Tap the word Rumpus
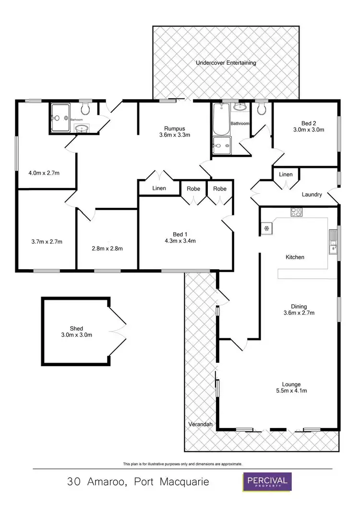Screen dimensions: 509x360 tap(174, 128)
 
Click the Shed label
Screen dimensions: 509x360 tap(76, 329)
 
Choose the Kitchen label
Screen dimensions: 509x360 tap(295, 257)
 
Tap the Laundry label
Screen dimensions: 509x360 tap(312, 195)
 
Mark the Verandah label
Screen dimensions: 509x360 tap(200, 424)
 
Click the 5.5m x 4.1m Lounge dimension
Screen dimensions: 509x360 tap(291, 391)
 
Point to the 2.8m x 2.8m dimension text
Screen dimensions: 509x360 tap(108, 249)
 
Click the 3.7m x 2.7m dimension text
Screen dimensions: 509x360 tap(46, 241)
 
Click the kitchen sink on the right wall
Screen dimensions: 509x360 tap(332, 249)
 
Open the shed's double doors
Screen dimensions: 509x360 tap(117, 331)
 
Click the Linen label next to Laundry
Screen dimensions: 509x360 tap(285, 175)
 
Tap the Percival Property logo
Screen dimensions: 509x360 tap(267, 482)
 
